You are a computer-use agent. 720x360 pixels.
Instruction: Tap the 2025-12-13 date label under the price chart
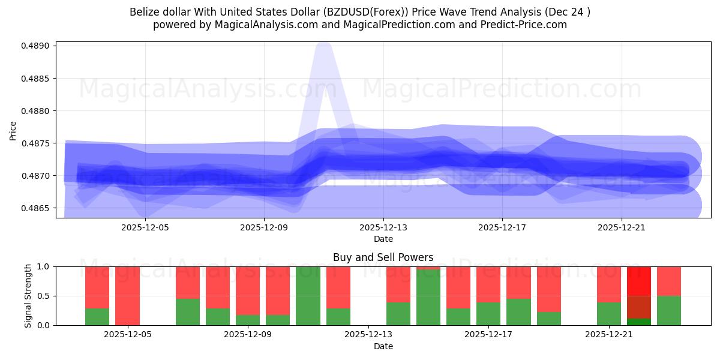pos(383,227)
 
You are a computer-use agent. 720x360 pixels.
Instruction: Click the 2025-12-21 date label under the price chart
pos(621,227)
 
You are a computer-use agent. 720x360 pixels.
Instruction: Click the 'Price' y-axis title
pos(13,130)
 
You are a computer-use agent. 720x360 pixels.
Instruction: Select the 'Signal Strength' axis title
pos(28,296)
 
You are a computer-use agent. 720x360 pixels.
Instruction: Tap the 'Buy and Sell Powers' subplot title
pos(383,257)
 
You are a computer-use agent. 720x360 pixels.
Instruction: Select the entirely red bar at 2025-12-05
pos(127,296)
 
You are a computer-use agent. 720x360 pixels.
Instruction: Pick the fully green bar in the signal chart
pos(308,296)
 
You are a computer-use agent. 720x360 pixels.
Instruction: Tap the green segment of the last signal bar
pos(669,310)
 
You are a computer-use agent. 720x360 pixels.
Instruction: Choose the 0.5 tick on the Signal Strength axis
pos(45,296)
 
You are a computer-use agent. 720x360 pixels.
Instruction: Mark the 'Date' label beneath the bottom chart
pos(383,346)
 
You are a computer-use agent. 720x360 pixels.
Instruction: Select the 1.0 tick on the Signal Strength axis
pos(45,266)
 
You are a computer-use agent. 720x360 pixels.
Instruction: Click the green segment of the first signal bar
pos(97,317)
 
